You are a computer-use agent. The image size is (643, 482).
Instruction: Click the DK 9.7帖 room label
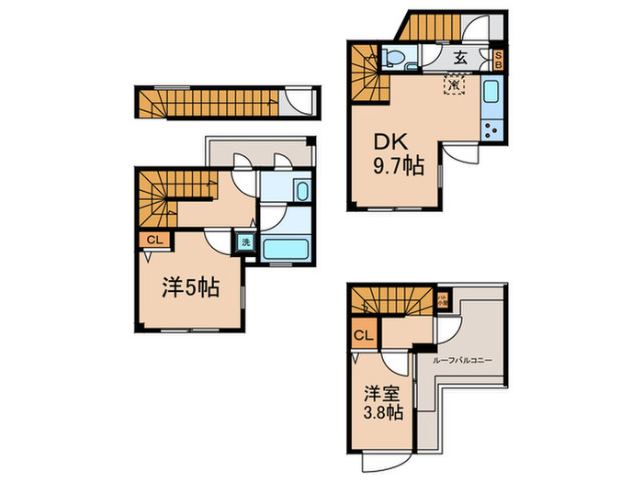pyautogui.click(x=397, y=155)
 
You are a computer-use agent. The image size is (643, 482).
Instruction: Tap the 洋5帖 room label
pyautogui.click(x=190, y=287)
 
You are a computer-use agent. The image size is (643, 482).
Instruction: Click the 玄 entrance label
pyautogui.click(x=461, y=59)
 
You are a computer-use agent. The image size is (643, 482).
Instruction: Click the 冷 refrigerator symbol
pyautogui.click(x=454, y=85)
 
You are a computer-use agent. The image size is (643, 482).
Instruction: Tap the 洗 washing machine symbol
pyautogui.click(x=245, y=242)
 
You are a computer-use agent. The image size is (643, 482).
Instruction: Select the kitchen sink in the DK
pyautogui.click(x=490, y=94)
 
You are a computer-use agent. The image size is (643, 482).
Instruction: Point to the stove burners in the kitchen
pyautogui.click(x=491, y=129)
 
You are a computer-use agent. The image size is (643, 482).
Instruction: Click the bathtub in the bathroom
pyautogui.click(x=287, y=248)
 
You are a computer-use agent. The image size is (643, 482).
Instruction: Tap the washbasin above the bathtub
pyautogui.click(x=300, y=189)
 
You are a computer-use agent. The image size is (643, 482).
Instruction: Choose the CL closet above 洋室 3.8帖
pyautogui.click(x=363, y=334)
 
